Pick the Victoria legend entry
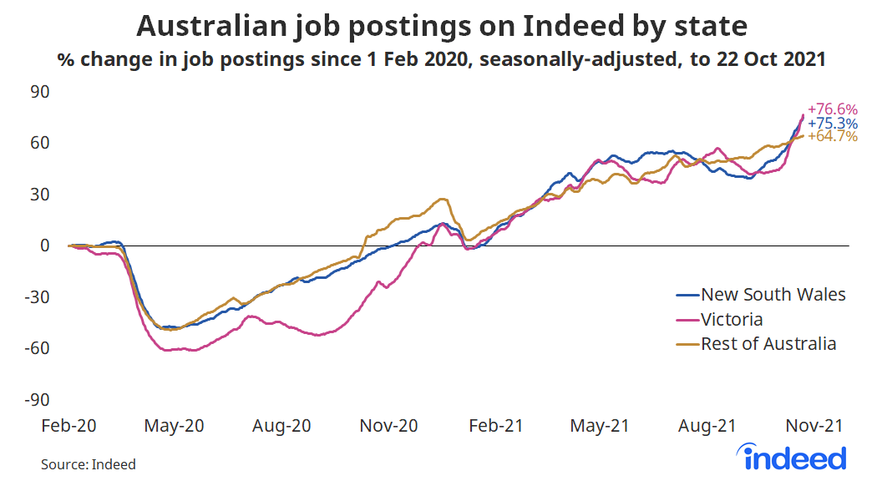pos(732,319)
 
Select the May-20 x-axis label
pos(175,425)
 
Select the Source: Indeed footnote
pos(88,464)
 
